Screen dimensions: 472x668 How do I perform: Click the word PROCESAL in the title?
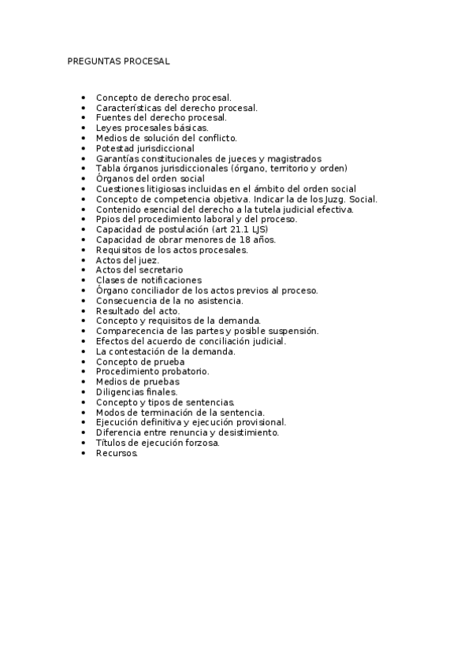[146, 61]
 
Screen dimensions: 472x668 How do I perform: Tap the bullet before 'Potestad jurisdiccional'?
[84, 148]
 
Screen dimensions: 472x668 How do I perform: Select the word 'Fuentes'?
[112, 117]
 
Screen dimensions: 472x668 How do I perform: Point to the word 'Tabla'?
[108, 169]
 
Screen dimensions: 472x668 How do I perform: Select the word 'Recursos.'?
[117, 453]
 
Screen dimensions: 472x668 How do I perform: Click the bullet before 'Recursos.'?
[84, 453]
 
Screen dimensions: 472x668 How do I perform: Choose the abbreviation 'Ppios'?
[108, 219]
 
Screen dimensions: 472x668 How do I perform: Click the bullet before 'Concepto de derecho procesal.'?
[84, 97]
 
